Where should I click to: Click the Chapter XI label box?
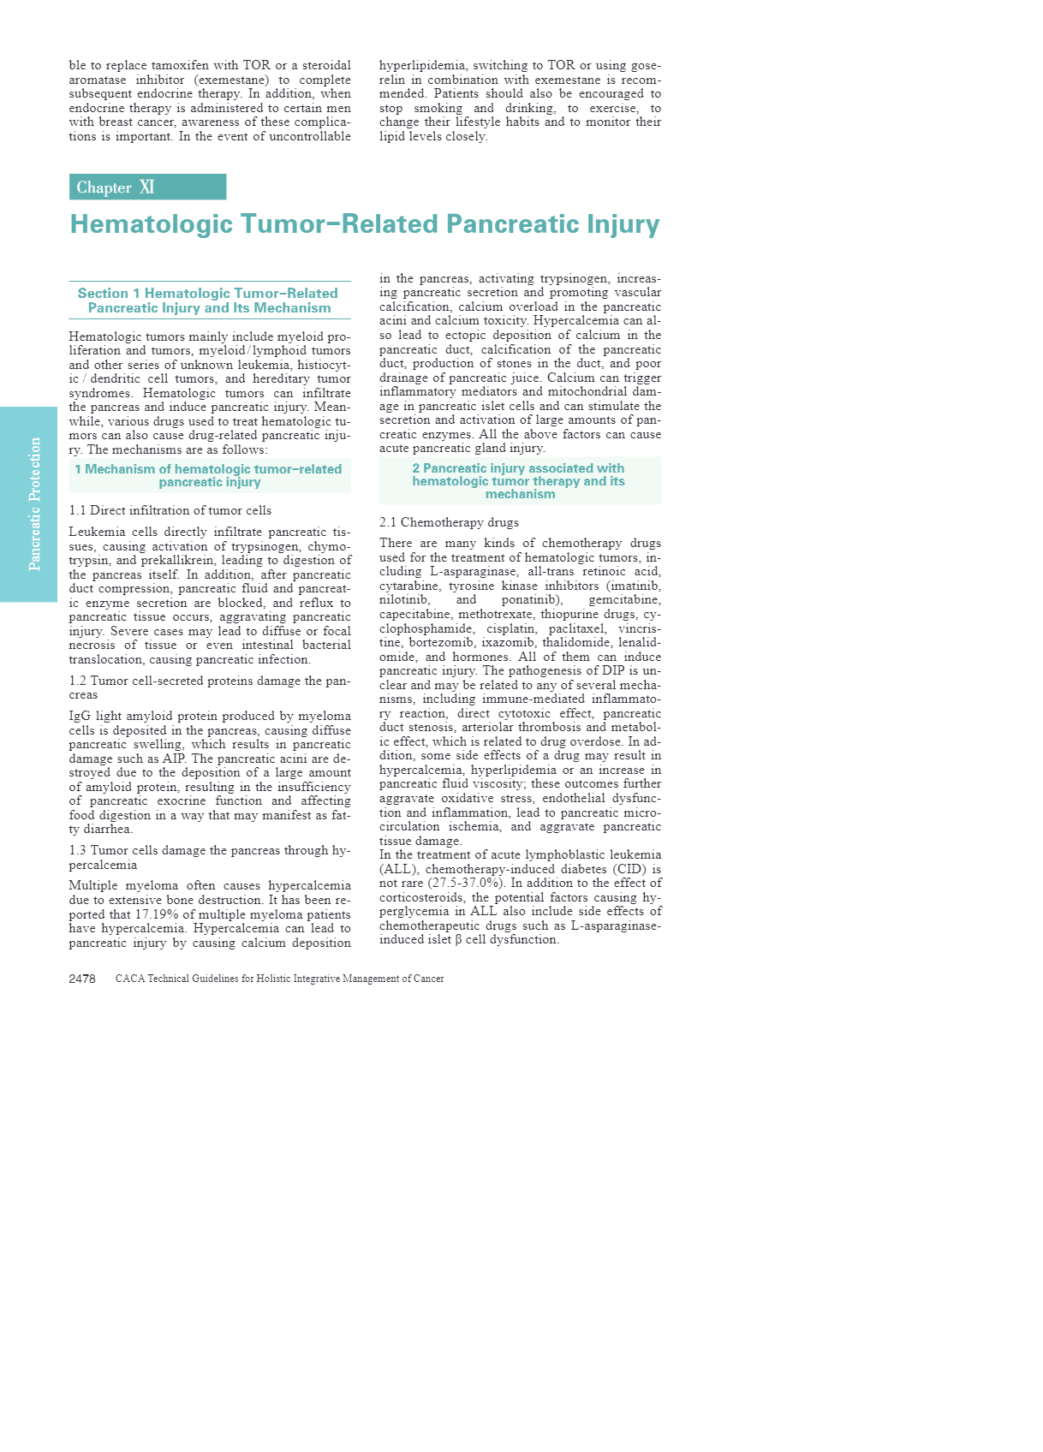click(147, 187)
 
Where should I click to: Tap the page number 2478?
click(82, 979)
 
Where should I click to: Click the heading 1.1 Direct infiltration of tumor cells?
click(170, 510)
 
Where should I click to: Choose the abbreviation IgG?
click(80, 717)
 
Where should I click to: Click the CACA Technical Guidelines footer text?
click(279, 979)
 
